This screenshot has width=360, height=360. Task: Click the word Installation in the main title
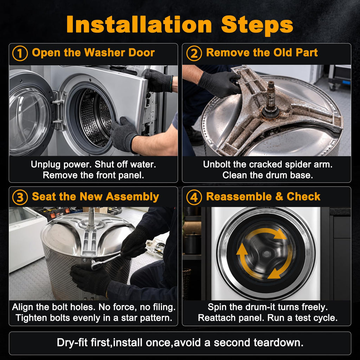[x=139, y=25]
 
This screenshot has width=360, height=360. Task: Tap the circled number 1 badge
[x=20, y=53]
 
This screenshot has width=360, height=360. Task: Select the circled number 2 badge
[x=194, y=53]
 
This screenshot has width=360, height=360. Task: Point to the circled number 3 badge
[x=20, y=197]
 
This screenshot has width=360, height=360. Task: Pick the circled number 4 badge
[x=194, y=197]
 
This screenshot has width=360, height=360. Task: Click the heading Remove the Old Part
[x=262, y=53]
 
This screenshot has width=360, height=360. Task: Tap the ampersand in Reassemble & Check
[x=279, y=197]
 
